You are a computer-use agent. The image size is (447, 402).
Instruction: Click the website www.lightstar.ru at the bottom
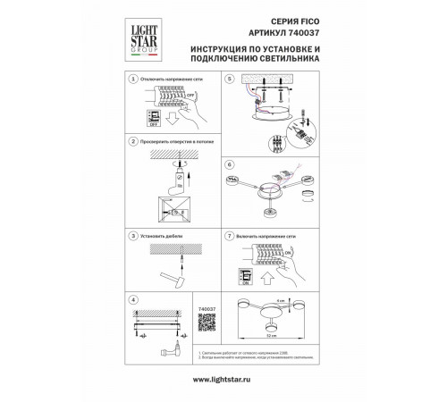click(x=223, y=380)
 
